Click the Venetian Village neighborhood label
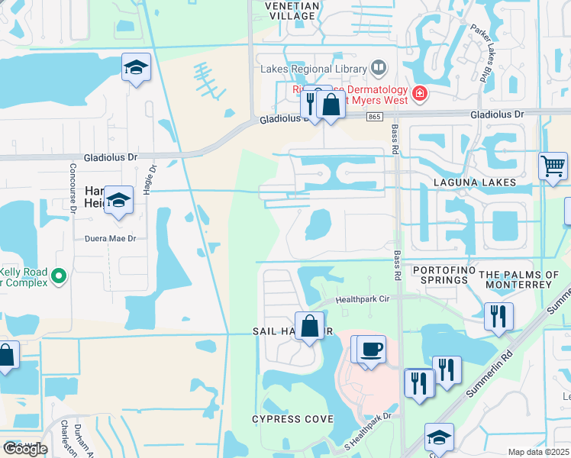pyautogui.click(x=279, y=9)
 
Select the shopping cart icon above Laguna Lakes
pyautogui.click(x=553, y=165)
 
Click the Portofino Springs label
pyautogui.click(x=440, y=276)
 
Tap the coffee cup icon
pyautogui.click(x=371, y=349)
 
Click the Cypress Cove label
pyautogui.click(x=292, y=420)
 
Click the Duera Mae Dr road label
pyautogui.click(x=110, y=239)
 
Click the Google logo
pyautogui.click(x=24, y=449)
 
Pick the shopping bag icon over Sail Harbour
pyautogui.click(x=310, y=327)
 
